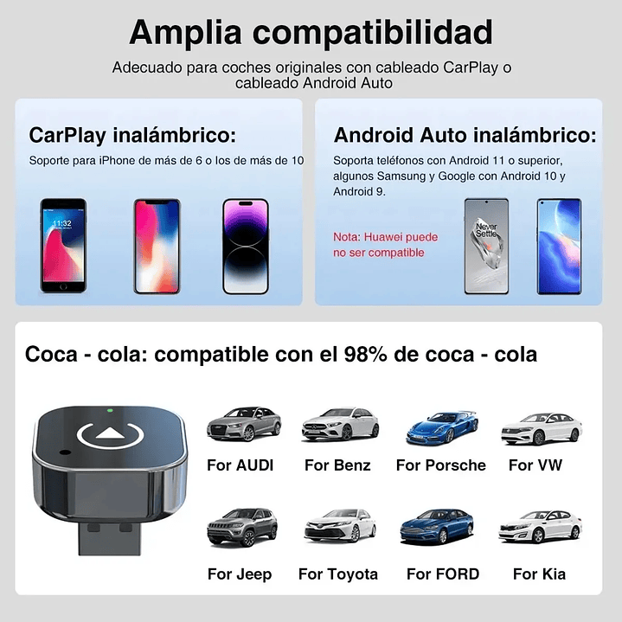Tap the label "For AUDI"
tap(240, 465)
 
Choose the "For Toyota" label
tap(338, 574)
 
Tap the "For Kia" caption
tap(539, 574)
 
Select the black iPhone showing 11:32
tap(63, 246)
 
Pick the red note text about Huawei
tap(386, 245)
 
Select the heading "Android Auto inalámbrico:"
tap(465, 135)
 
